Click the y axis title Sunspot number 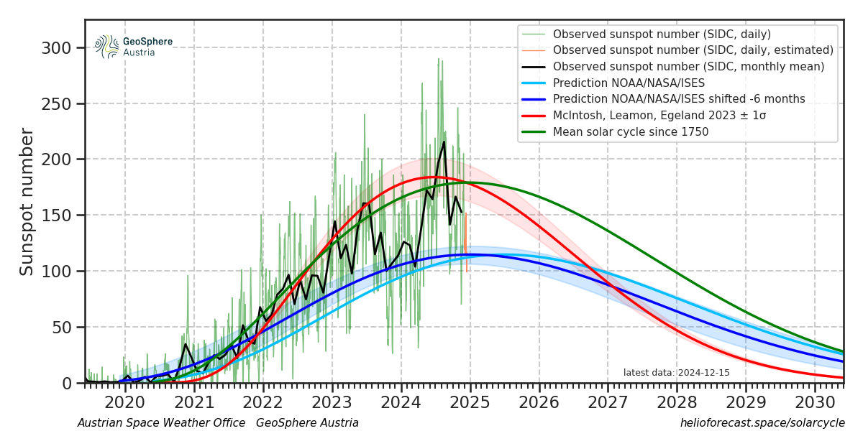click(x=27, y=201)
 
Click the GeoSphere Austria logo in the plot click(x=134, y=47)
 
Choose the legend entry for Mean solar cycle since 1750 click(x=630, y=131)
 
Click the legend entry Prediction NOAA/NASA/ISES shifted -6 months click(x=679, y=99)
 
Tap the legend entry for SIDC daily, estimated click(x=693, y=50)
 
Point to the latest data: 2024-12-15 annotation click(x=676, y=372)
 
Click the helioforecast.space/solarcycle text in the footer click(x=762, y=423)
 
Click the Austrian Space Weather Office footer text click(x=161, y=423)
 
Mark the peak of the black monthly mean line click(x=444, y=142)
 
